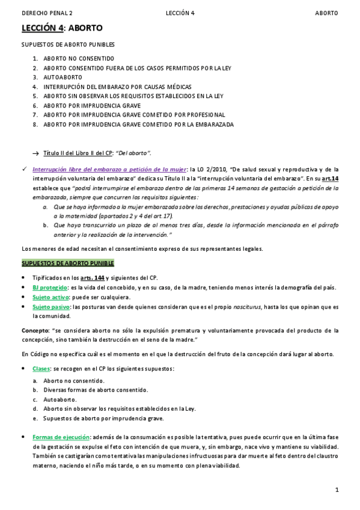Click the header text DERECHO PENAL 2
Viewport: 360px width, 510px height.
coord(47,13)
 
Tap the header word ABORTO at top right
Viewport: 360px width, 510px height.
coord(327,13)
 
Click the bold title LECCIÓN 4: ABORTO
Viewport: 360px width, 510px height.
coord(62,28)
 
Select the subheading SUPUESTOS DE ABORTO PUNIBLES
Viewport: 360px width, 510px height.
coord(68,45)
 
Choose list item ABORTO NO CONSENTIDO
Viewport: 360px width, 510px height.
coord(79,59)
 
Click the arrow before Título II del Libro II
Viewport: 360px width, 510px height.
coord(35,153)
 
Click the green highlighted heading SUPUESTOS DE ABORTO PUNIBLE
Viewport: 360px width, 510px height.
coord(68,263)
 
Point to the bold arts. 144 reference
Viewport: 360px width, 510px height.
coord(93,278)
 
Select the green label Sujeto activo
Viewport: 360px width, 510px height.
coord(50,297)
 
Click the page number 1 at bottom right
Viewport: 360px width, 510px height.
coord(337,490)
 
